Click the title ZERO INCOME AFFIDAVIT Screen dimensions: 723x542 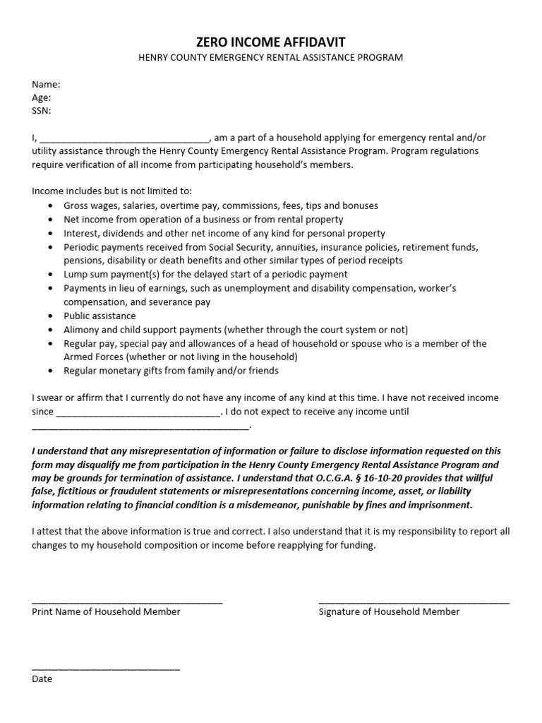[x=270, y=42]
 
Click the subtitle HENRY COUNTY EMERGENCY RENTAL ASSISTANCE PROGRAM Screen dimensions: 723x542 [x=270, y=57]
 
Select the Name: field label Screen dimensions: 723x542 [x=46, y=84]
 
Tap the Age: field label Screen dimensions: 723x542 [x=42, y=97]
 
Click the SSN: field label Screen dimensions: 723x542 [x=42, y=111]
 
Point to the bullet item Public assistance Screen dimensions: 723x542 [x=100, y=316]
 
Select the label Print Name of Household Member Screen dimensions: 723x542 [x=106, y=611]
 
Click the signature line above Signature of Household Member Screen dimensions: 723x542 [x=414, y=602]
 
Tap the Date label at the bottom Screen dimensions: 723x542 [x=42, y=679]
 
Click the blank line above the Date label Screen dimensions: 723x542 [x=106, y=668]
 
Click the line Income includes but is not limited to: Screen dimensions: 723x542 [x=112, y=191]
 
